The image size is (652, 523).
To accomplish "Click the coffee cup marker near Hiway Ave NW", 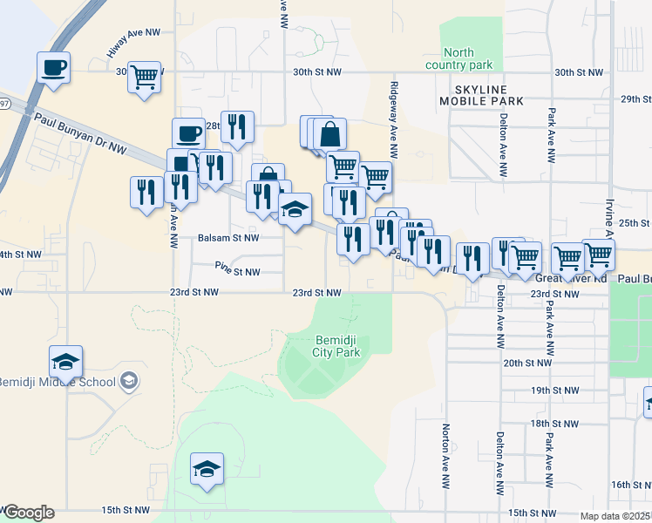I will point(53,67).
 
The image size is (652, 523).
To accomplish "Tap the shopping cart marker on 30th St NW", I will point(144,76).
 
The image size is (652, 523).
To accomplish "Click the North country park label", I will point(458,59).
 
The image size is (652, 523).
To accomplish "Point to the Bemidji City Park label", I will point(336,346).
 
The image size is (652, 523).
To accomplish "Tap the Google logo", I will point(28,513).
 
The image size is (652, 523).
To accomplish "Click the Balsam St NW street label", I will point(228,237).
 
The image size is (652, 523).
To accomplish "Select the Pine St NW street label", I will point(238,272).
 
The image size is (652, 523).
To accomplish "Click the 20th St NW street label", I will point(529,363).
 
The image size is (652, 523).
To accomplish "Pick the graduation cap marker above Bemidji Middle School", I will point(66,360).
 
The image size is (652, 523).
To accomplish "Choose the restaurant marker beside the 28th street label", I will point(237,126).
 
